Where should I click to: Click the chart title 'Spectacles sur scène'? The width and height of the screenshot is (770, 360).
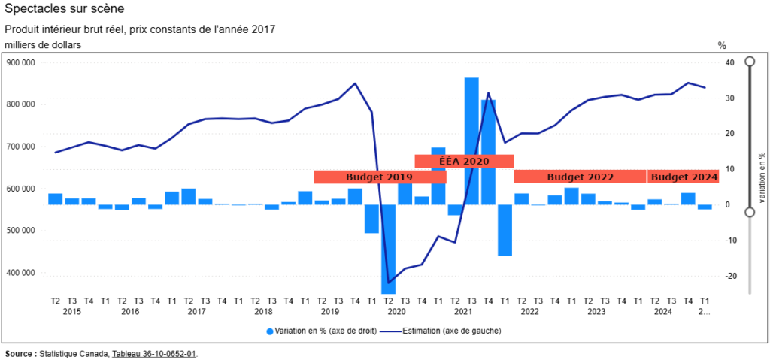[x=65, y=9]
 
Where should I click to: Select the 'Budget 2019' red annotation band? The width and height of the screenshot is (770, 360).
[x=380, y=177]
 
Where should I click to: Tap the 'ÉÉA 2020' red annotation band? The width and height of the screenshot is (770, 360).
[x=464, y=161]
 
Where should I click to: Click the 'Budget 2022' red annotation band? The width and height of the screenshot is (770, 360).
[x=580, y=177]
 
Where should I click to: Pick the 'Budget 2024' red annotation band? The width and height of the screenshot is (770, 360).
[x=683, y=177]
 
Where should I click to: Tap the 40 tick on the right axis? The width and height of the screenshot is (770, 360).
[x=729, y=62]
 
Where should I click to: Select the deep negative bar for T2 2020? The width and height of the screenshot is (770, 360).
[x=388, y=248]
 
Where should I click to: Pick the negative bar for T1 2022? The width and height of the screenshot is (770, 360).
[x=505, y=229]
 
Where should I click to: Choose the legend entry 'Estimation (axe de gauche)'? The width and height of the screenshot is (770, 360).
[x=444, y=331]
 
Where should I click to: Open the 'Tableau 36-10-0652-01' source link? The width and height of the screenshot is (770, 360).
[x=154, y=353]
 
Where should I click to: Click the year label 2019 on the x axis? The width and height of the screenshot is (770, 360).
[x=329, y=311]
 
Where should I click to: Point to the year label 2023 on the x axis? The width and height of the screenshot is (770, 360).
[x=596, y=311]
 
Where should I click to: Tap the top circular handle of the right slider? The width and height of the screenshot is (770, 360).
[x=750, y=62]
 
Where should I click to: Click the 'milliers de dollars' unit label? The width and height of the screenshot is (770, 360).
[x=43, y=45]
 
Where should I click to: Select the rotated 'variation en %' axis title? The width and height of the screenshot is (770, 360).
[x=761, y=177]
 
